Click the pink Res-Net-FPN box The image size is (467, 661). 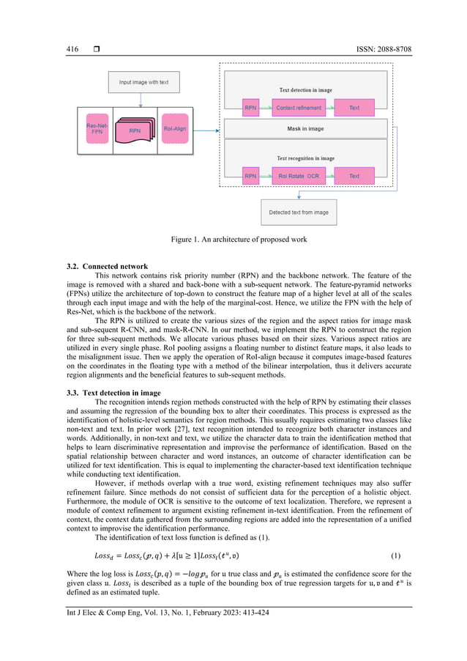(95, 130)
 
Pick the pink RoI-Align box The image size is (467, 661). (174, 130)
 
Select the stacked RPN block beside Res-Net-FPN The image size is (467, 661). (135, 130)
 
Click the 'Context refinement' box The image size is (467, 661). (298, 108)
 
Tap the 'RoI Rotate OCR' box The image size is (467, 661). (298, 176)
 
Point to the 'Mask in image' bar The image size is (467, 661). (305, 128)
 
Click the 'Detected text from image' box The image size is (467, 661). (299, 213)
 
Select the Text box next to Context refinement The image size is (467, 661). (354, 108)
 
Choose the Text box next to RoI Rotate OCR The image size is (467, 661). (354, 176)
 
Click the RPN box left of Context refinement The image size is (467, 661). (250, 108)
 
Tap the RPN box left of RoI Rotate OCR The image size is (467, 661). (250, 176)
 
